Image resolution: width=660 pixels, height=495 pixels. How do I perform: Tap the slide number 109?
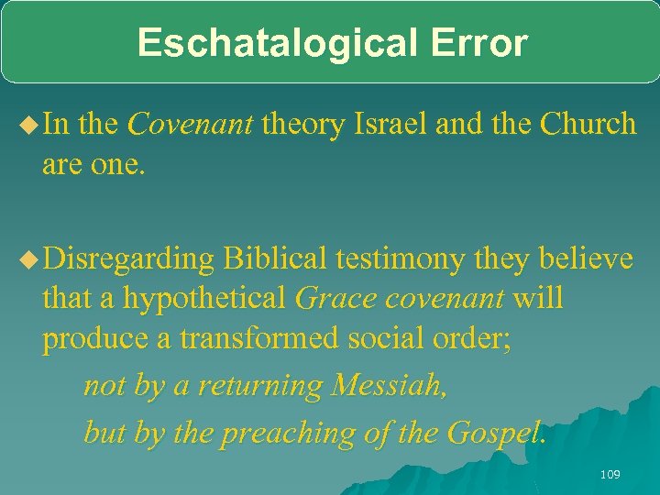point(609,474)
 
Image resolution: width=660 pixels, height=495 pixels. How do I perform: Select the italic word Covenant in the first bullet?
point(190,124)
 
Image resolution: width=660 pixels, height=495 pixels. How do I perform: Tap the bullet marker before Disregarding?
point(27,260)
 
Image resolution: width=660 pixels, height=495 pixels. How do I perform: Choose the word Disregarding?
point(127,260)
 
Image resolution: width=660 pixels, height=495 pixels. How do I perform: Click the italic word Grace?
point(328,299)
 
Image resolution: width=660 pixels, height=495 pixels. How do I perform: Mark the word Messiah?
point(390,386)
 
